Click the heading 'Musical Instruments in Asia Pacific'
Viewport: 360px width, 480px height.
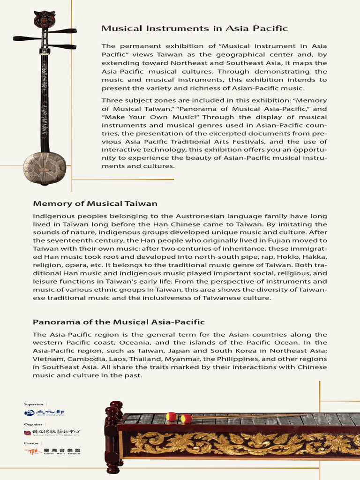click(x=195, y=29)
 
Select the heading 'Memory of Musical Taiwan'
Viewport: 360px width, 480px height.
click(x=95, y=203)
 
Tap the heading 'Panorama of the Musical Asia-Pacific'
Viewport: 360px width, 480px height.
click(x=119, y=322)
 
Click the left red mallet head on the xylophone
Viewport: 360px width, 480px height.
click(x=172, y=416)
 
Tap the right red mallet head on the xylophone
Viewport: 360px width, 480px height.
click(x=186, y=418)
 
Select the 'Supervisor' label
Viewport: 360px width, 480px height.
click(x=34, y=404)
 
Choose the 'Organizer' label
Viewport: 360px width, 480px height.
click(x=33, y=423)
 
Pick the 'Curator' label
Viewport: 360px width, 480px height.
click(x=31, y=442)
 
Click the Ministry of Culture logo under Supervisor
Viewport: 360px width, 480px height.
click(x=45, y=412)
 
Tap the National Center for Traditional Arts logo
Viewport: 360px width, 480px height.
click(x=52, y=433)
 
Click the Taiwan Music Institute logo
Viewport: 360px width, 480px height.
click(x=52, y=451)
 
